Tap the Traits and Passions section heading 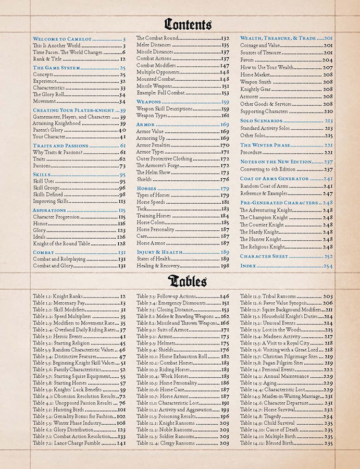[x=60, y=145]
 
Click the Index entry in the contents [x=249, y=266]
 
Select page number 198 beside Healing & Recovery [x=225, y=266]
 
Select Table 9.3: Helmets [x=156, y=343]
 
